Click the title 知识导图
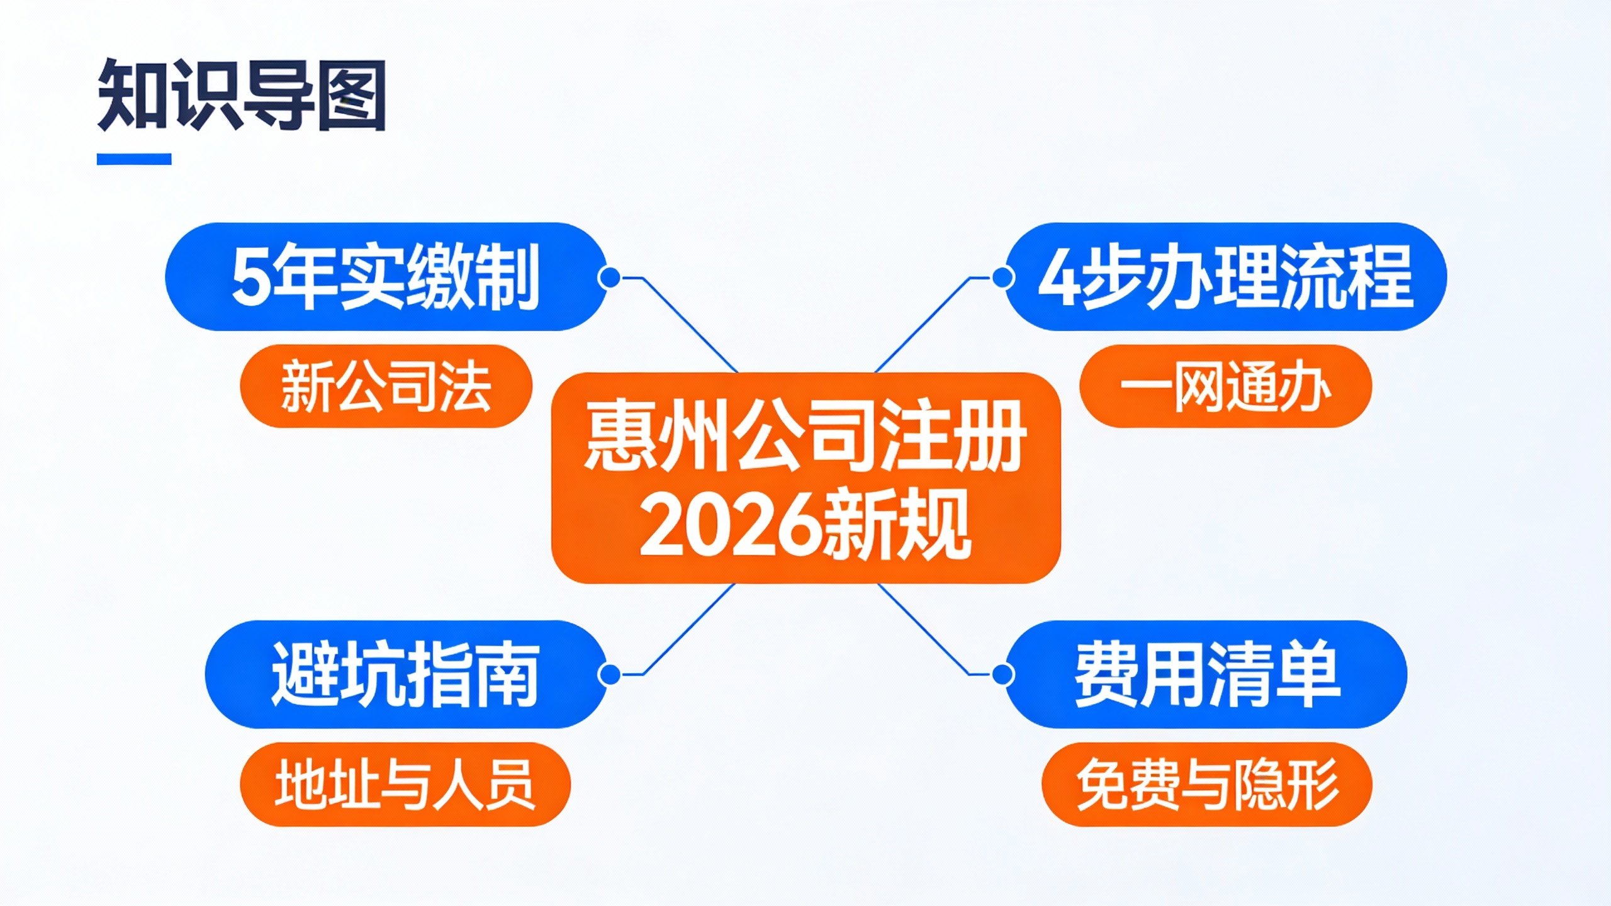pyautogui.click(x=242, y=95)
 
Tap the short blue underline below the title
pyautogui.click(x=134, y=159)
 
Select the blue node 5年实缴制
pyautogui.click(x=385, y=276)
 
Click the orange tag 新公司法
pyautogui.click(x=386, y=386)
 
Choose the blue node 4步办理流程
pyautogui.click(x=1225, y=276)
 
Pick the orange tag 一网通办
pyautogui.click(x=1225, y=386)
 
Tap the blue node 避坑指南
pyautogui.click(x=405, y=674)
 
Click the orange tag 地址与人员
pyautogui.click(x=405, y=784)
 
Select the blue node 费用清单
pyautogui.click(x=1206, y=674)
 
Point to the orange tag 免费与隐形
pyautogui.click(x=1206, y=784)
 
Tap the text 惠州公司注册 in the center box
pyautogui.click(x=805, y=437)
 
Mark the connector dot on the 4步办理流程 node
pyautogui.click(x=1002, y=277)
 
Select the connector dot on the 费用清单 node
pyautogui.click(x=1002, y=674)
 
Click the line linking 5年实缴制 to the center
pyautogui.click(x=689, y=324)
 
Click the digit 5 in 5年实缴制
pyautogui.click(x=251, y=277)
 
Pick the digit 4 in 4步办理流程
pyautogui.click(x=1057, y=277)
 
